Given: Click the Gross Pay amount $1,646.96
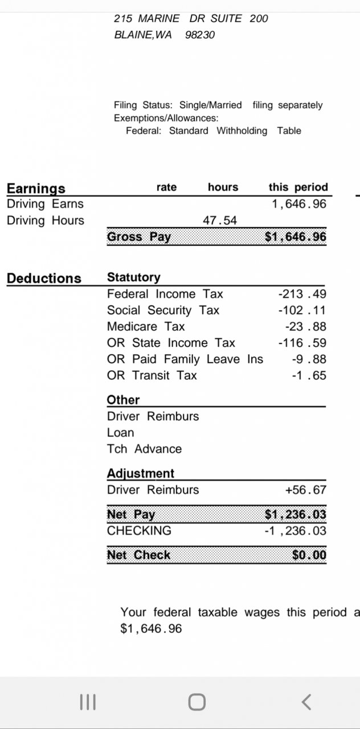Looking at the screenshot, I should (x=296, y=237).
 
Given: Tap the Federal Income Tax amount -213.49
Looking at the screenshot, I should (x=302, y=294).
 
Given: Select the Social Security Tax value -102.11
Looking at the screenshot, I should (x=302, y=310).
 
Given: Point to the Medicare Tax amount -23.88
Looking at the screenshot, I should (x=305, y=327).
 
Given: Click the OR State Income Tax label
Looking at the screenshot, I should (x=171, y=343).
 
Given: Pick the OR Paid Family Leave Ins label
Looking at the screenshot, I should (x=185, y=359).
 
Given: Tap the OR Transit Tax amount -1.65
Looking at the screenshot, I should (x=309, y=376).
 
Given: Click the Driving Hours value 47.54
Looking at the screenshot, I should (x=220, y=220).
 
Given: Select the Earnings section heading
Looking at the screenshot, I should (x=36, y=188).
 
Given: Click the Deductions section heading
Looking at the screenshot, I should (x=44, y=279).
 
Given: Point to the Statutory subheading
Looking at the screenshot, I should (x=134, y=277).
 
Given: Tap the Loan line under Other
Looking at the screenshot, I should (x=120, y=433).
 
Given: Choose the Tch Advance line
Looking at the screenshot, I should (x=144, y=449).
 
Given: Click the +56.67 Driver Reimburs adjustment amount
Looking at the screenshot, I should (x=305, y=490).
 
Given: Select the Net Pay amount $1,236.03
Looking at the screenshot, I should (x=296, y=515).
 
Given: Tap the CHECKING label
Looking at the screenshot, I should (x=139, y=531).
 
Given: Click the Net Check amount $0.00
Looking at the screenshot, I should (x=309, y=555).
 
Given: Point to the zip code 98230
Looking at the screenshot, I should (x=200, y=35).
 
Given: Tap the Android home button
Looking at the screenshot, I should (x=197, y=702).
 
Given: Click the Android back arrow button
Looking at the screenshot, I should (x=306, y=702).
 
